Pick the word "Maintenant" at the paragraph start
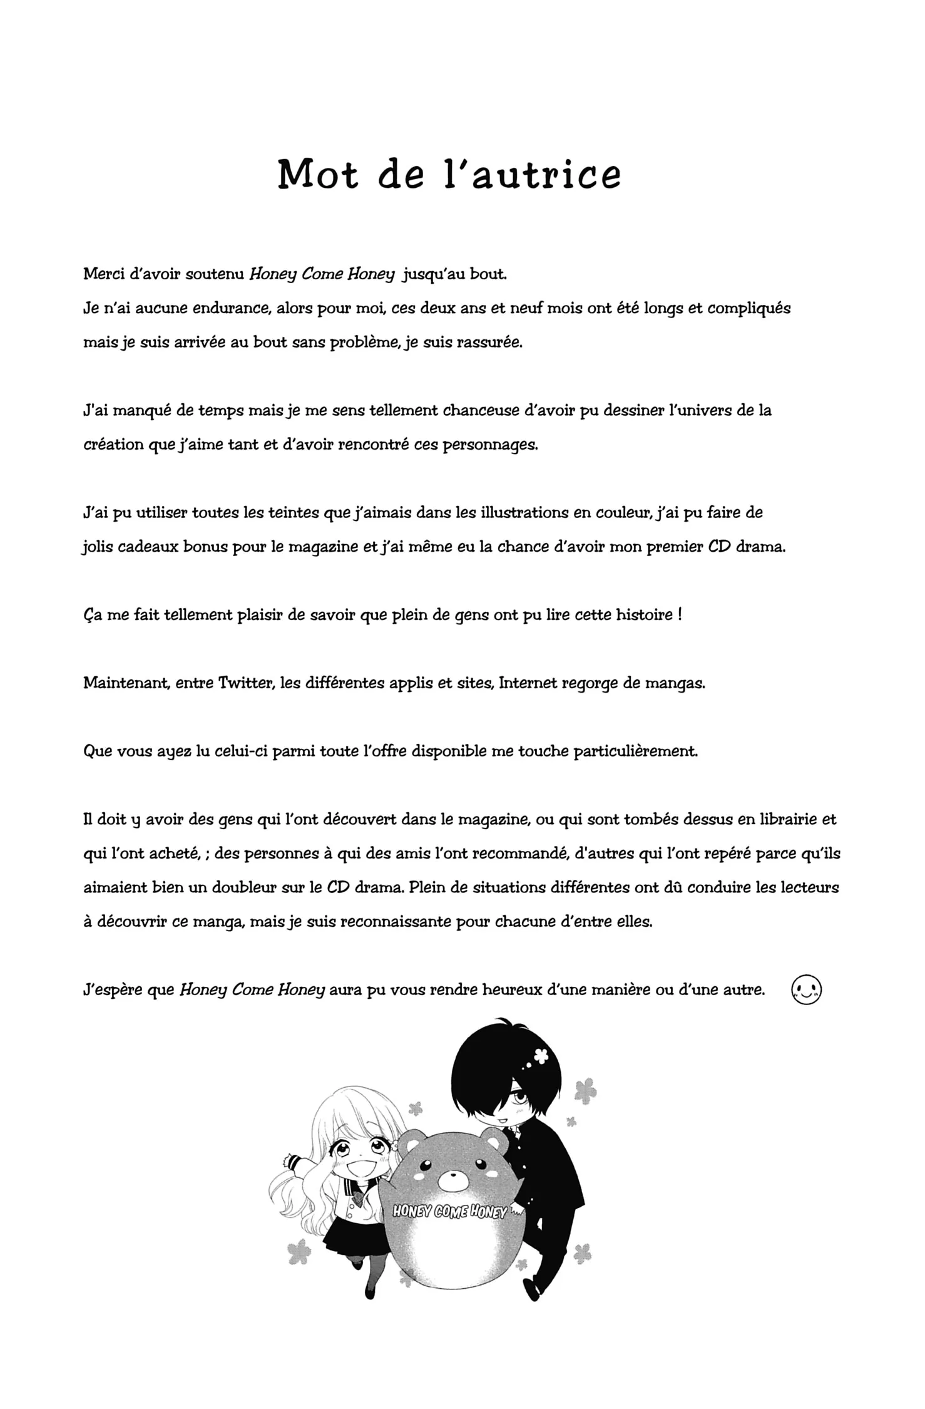[127, 683]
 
